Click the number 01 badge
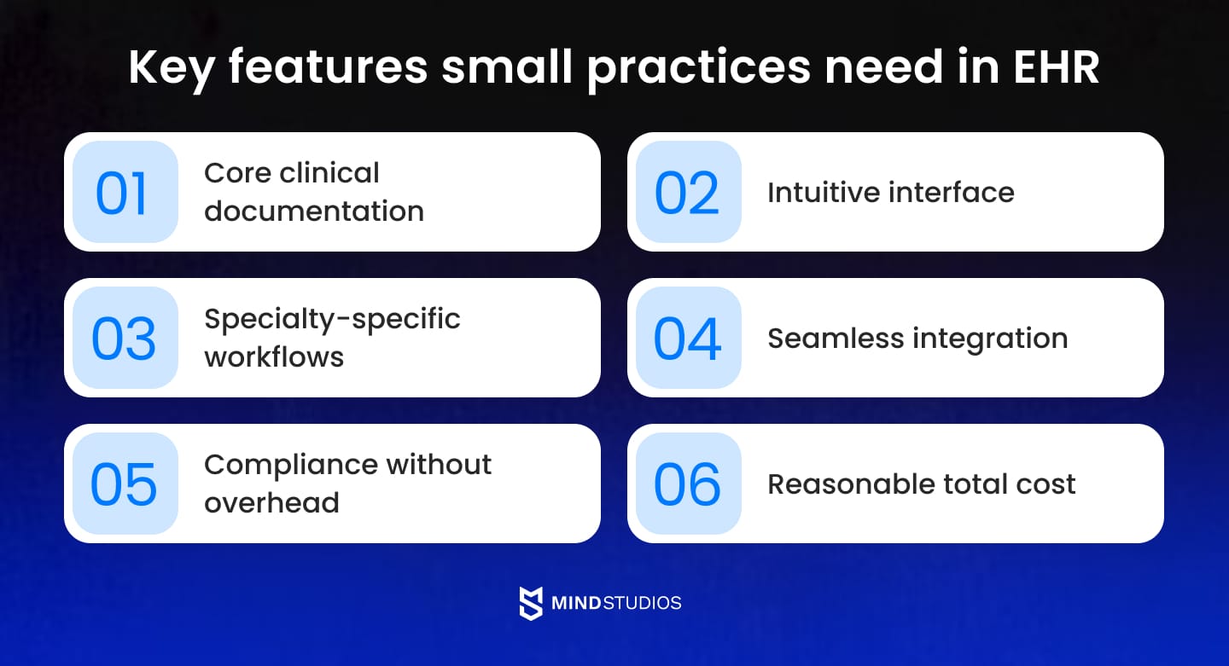pyautogui.click(x=125, y=193)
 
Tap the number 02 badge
pyautogui.click(x=688, y=193)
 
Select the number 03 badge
pyautogui.click(x=125, y=339)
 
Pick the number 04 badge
pyautogui.click(x=688, y=339)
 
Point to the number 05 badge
pyautogui.click(x=125, y=484)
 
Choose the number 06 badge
pyautogui.click(x=688, y=484)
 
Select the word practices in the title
pyautogui.click(x=698, y=68)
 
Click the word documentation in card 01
pyautogui.click(x=314, y=211)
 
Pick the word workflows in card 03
pyautogui.click(x=274, y=356)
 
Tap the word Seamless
pyautogui.click(x=835, y=339)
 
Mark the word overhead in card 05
pyautogui.click(x=271, y=502)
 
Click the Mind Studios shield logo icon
pyautogui.click(x=531, y=603)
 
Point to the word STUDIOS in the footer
pyautogui.click(x=641, y=603)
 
